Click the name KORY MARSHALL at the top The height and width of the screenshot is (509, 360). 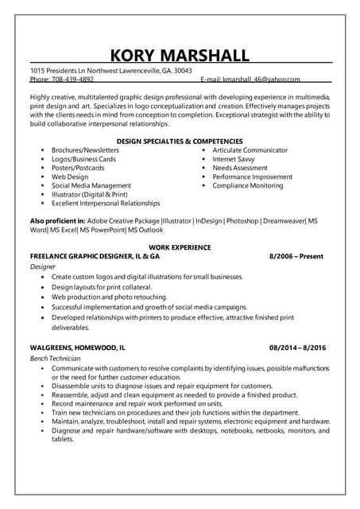pyautogui.click(x=180, y=55)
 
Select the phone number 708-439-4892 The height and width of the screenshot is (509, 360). pyautogui.click(x=72, y=80)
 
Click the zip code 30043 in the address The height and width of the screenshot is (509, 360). pyautogui.click(x=183, y=71)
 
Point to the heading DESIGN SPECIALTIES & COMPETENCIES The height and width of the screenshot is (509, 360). pyautogui.click(x=180, y=141)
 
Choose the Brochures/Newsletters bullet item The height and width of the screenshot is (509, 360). pyautogui.click(x=85, y=150)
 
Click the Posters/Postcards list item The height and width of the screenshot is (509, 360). pyautogui.click(x=78, y=168)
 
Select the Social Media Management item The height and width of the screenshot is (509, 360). pyautogui.click(x=91, y=185)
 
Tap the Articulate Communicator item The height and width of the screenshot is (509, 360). pyautogui.click(x=250, y=150)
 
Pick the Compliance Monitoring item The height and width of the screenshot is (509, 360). pyautogui.click(x=247, y=185)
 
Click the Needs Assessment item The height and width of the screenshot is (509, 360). pyautogui.click(x=240, y=168)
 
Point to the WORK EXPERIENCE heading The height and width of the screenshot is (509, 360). pyautogui.click(x=180, y=248)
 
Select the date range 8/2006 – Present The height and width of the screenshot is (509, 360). pyautogui.click(x=296, y=257)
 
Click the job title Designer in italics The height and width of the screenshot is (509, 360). pyautogui.click(x=43, y=267)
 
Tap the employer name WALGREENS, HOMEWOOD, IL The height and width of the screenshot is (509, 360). pyautogui.click(x=77, y=348)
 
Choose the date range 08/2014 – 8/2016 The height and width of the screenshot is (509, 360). pyautogui.click(x=297, y=348)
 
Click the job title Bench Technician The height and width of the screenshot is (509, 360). pyautogui.click(x=55, y=359)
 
